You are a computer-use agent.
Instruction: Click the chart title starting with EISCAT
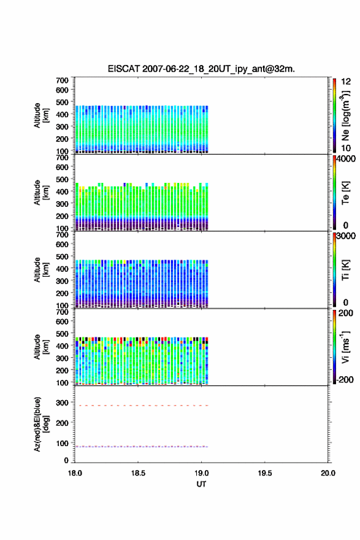[x=201, y=69]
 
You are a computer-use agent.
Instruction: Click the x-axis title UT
[x=201, y=484]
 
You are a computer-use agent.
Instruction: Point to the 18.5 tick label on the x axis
[x=138, y=473]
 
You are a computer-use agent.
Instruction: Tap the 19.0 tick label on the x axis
[x=201, y=473]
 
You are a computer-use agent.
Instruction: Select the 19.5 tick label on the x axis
[x=265, y=473]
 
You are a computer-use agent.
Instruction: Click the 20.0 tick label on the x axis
[x=328, y=473]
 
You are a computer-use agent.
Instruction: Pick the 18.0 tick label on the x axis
[x=75, y=473]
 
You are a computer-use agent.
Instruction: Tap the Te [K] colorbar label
[x=345, y=193]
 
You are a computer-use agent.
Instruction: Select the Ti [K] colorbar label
[x=345, y=270]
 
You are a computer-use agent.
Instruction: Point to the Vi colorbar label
[x=345, y=347]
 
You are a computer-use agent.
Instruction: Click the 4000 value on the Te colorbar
[x=346, y=159]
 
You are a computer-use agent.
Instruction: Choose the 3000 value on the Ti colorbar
[x=346, y=236]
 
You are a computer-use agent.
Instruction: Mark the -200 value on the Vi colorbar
[x=345, y=379]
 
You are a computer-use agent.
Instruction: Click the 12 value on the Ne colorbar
[x=346, y=82]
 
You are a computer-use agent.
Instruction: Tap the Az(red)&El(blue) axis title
[x=41, y=424]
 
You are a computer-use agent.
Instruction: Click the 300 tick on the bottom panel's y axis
[x=62, y=403]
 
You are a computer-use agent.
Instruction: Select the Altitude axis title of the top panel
[x=41, y=115]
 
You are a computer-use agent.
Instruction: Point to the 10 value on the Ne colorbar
[x=346, y=148]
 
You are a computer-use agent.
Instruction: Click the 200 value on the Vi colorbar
[x=346, y=313]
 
